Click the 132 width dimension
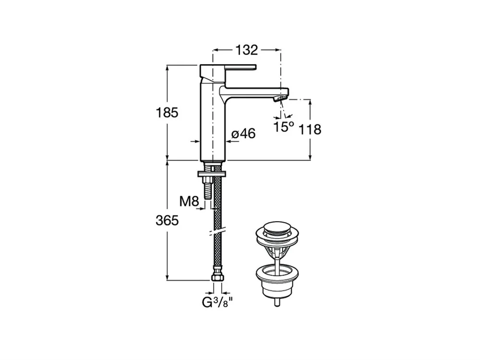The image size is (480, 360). pyautogui.click(x=246, y=50)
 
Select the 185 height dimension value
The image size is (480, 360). pyautogui.click(x=167, y=113)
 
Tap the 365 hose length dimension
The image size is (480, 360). pyautogui.click(x=167, y=220)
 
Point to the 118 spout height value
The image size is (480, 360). pyautogui.click(x=310, y=130)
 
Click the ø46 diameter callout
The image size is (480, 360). pyautogui.click(x=243, y=133)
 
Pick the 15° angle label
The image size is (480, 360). pyautogui.click(x=284, y=127)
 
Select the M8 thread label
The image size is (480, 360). pyautogui.click(x=189, y=202)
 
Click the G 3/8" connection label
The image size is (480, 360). pyautogui.click(x=217, y=303)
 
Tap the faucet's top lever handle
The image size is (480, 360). pyautogui.click(x=228, y=71)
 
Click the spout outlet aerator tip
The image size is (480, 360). pyautogui.click(x=279, y=98)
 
